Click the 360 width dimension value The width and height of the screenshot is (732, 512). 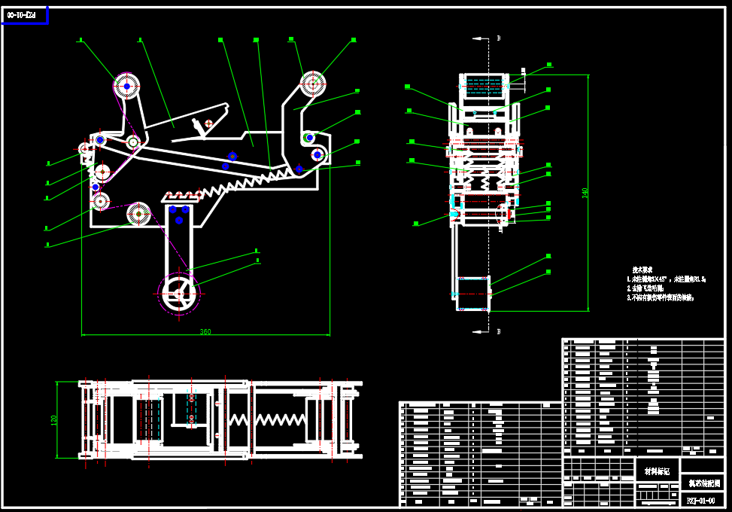(205, 331)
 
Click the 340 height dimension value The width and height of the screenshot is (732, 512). (585, 193)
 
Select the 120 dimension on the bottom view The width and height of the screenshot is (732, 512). (53, 420)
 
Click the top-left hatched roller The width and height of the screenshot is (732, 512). (127, 87)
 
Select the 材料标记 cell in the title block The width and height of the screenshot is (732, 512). (657, 471)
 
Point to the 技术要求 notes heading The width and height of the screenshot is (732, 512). (642, 270)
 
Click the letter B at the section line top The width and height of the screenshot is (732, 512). (498, 38)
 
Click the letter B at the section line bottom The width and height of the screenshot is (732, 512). (498, 331)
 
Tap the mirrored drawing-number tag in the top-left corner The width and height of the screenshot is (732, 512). (22, 14)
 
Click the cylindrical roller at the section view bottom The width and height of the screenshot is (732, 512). (473, 294)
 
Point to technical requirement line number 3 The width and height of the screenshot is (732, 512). (661, 298)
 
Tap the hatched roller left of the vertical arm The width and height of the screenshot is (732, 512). (139, 214)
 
